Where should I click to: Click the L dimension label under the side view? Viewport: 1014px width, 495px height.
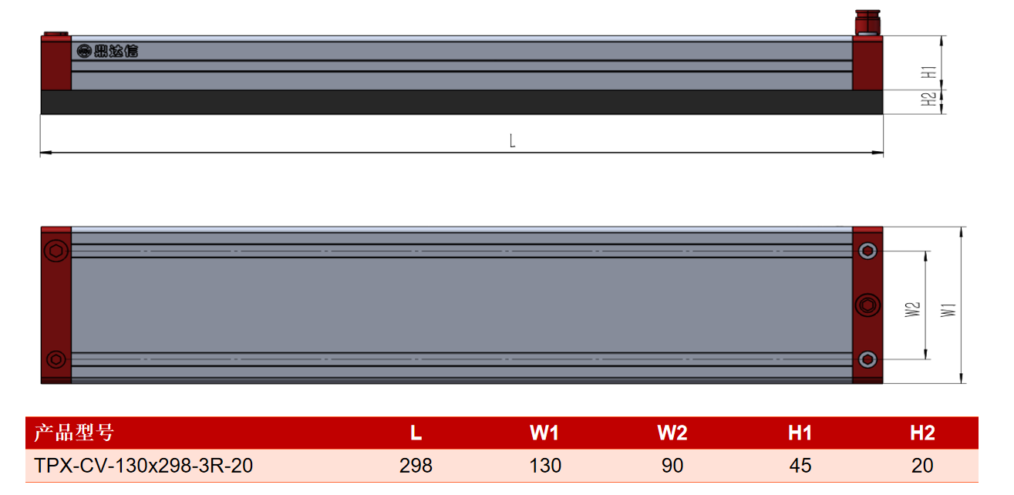pyautogui.click(x=512, y=141)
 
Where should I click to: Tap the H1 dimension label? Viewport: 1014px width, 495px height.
pyautogui.click(x=928, y=72)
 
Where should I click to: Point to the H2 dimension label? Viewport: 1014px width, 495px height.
pyautogui.click(x=928, y=99)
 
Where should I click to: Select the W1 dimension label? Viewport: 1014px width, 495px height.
pyautogui.click(x=948, y=310)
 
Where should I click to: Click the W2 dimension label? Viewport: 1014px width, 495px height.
pyautogui.click(x=913, y=309)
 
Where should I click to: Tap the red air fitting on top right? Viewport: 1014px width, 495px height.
pyautogui.click(x=867, y=22)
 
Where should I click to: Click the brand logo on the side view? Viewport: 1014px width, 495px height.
pyautogui.click(x=107, y=51)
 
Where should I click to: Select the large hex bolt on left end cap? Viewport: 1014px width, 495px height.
pyautogui.click(x=56, y=251)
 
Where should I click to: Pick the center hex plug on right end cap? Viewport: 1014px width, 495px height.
pyautogui.click(x=867, y=305)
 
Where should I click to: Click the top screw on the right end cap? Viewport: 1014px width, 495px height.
pyautogui.click(x=867, y=251)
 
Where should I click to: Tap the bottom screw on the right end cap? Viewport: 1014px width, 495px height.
pyautogui.click(x=867, y=360)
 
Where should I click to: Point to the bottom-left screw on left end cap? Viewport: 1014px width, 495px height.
pyautogui.click(x=56, y=360)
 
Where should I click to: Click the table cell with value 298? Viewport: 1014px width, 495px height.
pyautogui.click(x=416, y=466)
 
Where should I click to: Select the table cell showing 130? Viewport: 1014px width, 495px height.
pyautogui.click(x=545, y=466)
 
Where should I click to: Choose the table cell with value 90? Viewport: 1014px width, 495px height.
pyautogui.click(x=672, y=466)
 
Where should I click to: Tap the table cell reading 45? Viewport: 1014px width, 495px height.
pyautogui.click(x=800, y=466)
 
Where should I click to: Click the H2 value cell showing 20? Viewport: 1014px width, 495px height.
pyautogui.click(x=922, y=466)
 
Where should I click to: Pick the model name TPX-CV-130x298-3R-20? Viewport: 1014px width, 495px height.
pyautogui.click(x=143, y=466)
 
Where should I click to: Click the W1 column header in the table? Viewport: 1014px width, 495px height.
pyautogui.click(x=544, y=433)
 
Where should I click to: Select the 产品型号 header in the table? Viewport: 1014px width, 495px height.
pyautogui.click(x=74, y=433)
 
